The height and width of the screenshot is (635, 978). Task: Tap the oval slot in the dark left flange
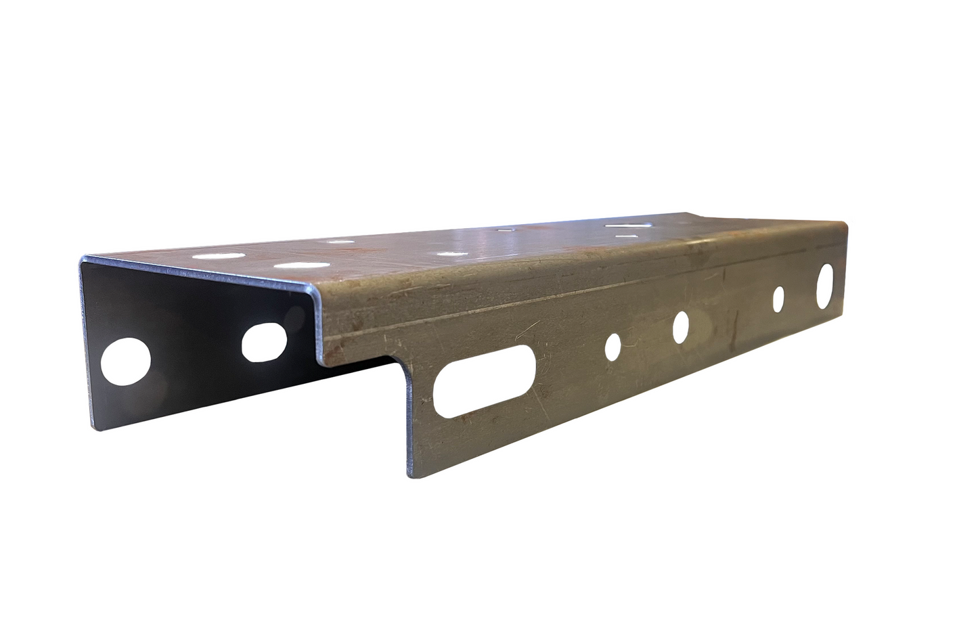(265, 342)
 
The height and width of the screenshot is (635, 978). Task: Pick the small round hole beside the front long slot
(613, 345)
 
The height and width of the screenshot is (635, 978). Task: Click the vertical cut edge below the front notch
(408, 420)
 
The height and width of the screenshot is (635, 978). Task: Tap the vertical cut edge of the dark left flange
(87, 338)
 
